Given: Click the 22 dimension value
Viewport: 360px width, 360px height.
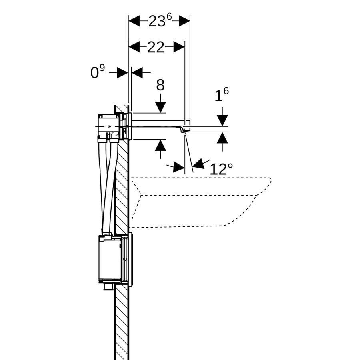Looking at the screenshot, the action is tap(156, 47).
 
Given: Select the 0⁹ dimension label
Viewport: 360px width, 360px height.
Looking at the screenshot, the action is tap(98, 72).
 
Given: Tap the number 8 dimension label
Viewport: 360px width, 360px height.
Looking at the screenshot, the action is tap(160, 85).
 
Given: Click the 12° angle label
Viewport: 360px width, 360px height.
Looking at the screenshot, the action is tap(221, 169).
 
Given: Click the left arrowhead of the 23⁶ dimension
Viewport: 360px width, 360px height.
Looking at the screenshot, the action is tap(134, 21).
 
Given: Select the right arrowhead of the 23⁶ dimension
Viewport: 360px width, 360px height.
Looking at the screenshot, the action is tap(184, 21).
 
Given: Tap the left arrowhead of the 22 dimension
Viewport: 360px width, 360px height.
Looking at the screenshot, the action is tap(134, 47).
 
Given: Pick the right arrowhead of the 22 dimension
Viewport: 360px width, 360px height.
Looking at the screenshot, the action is tap(179, 47).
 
